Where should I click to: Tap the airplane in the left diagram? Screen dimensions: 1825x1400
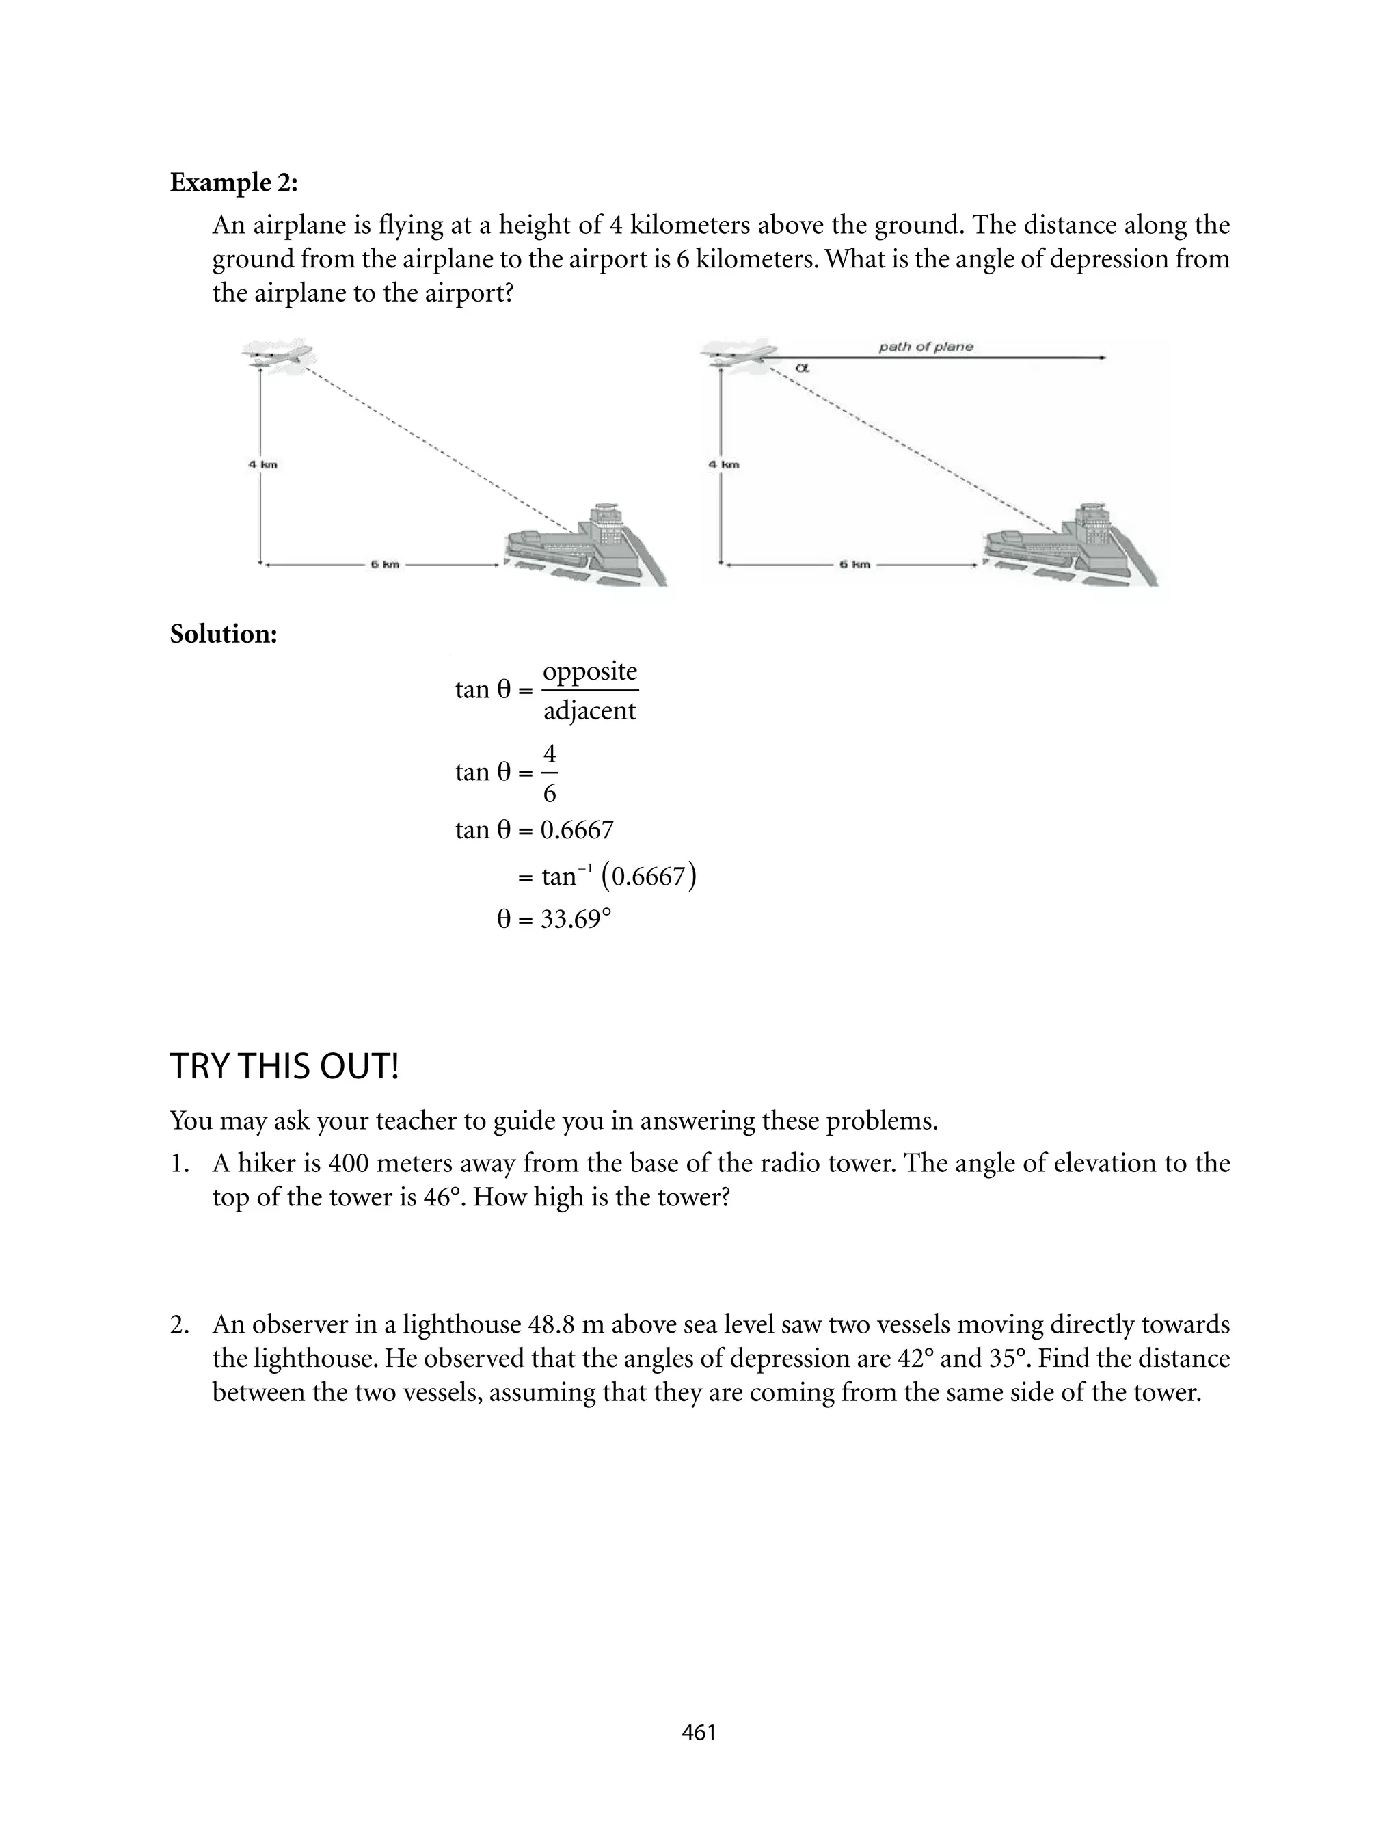pos(278,354)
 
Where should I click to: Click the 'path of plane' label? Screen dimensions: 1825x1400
pos(925,347)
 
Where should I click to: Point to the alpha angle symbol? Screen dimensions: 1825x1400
pos(803,367)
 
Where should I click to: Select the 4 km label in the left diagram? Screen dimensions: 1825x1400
pos(262,464)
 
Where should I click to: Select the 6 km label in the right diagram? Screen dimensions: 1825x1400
pos(854,564)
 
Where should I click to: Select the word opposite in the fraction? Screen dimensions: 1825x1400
pos(589,671)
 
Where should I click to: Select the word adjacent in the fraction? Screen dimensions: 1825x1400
pos(589,711)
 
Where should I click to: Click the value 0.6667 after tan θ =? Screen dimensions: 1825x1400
pos(577,830)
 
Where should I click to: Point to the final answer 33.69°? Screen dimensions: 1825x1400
pos(575,919)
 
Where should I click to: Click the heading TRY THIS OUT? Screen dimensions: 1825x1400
pos(284,1067)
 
